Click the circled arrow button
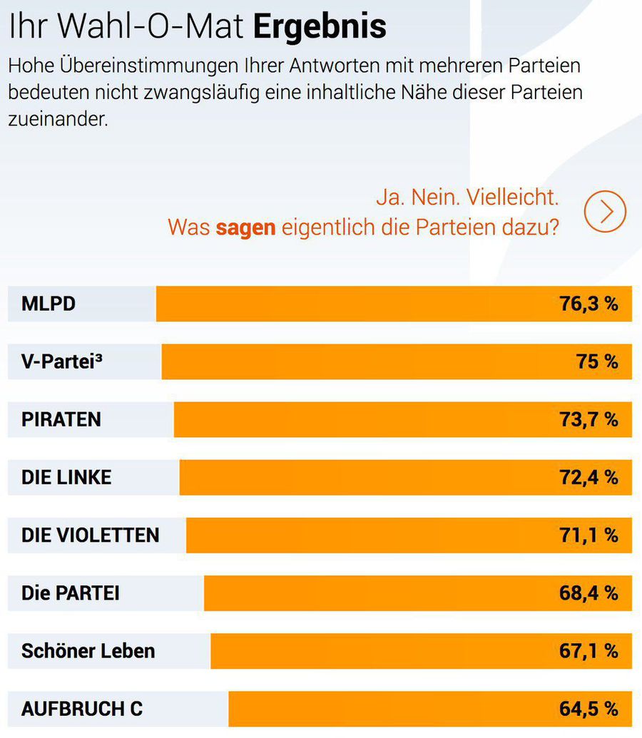click(604, 211)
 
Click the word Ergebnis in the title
click(320, 26)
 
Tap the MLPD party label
click(49, 304)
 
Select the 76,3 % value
click(588, 304)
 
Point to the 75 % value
click(597, 362)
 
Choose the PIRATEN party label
click(61, 419)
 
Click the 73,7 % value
click(588, 419)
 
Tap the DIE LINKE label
click(66, 477)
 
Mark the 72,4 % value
click(588, 477)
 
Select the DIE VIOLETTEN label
click(91, 535)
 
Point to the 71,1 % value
click(588, 535)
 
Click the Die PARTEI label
click(71, 593)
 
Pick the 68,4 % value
click(588, 593)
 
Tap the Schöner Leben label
click(88, 650)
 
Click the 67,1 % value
click(588, 650)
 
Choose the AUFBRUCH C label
click(82, 709)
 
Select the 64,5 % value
click(588, 709)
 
